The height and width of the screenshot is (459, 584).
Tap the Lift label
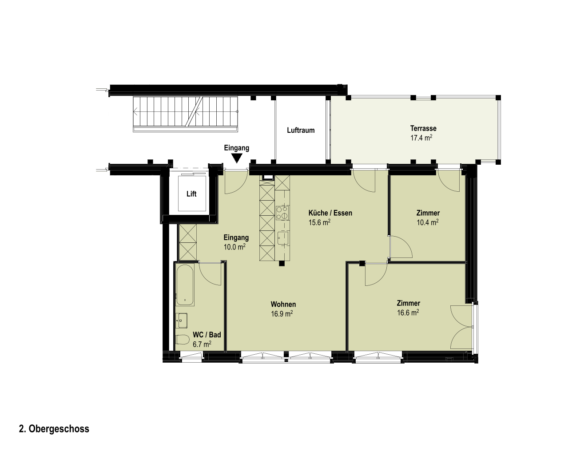[x=191, y=194]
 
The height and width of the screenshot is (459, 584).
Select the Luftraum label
[x=301, y=130]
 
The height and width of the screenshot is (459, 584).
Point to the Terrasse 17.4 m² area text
[x=421, y=133]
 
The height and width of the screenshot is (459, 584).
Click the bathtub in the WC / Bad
[x=185, y=285]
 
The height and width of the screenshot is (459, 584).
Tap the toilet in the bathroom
[x=182, y=339]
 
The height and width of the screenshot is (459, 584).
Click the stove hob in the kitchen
[x=282, y=213]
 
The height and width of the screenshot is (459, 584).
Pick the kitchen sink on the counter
[x=283, y=238]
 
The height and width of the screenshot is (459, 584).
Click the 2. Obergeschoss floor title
[x=54, y=429]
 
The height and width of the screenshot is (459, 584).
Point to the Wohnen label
[x=283, y=304]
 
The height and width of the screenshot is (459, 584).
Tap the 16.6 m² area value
[x=408, y=313]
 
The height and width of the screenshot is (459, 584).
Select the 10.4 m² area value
[x=428, y=222]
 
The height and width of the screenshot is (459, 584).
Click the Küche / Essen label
[x=330, y=213]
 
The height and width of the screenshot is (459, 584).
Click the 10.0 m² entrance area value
[x=234, y=247]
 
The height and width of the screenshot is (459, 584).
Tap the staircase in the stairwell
[x=185, y=114]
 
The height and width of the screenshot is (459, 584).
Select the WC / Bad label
[x=207, y=335]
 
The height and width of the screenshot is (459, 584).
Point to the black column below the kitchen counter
[x=282, y=263]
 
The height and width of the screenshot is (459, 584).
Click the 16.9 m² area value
[x=282, y=314]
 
